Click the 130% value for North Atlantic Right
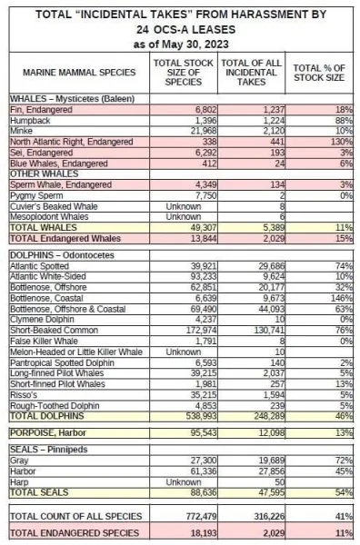pyautogui.click(x=342, y=142)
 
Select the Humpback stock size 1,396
pyautogui.click(x=205, y=121)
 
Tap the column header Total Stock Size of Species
pyautogui.click(x=184, y=73)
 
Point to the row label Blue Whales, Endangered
pyautogui.click(x=59, y=163)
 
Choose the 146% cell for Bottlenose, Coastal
pyautogui.click(x=342, y=298)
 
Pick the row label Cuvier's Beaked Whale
pyautogui.click(x=54, y=206)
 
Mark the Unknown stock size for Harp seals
pyautogui.click(x=184, y=482)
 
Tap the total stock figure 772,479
pyautogui.click(x=201, y=517)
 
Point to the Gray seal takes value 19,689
pyautogui.click(x=271, y=461)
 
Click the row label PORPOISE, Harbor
pyautogui.click(x=47, y=432)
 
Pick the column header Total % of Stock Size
pyautogui.click(x=319, y=73)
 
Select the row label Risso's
pyautogui.click(x=24, y=395)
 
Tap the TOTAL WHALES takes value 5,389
pyautogui.click(x=274, y=228)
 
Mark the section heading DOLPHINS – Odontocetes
pyautogui.click(x=62, y=255)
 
